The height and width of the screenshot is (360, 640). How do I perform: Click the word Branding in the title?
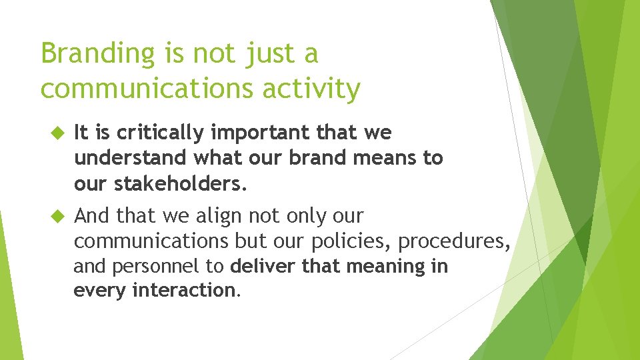click(x=97, y=54)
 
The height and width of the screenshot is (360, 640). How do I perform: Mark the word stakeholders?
click(x=181, y=183)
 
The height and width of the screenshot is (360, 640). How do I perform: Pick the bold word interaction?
click(x=184, y=290)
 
